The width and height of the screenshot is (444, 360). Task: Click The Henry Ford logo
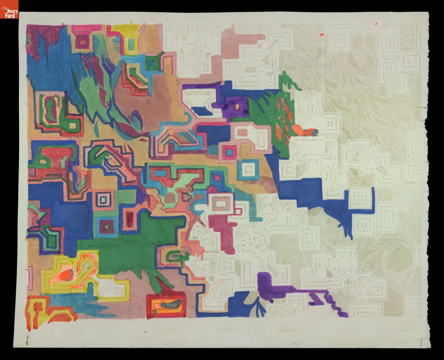(x=9, y=9)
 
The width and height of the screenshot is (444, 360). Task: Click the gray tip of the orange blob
(x=313, y=132)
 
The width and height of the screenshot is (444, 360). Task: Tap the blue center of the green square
(x=151, y=63)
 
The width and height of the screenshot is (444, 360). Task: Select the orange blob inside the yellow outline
(x=67, y=276)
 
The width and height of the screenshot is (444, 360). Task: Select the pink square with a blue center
(x=229, y=152)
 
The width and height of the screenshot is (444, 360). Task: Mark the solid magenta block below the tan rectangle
(x=220, y=226)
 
